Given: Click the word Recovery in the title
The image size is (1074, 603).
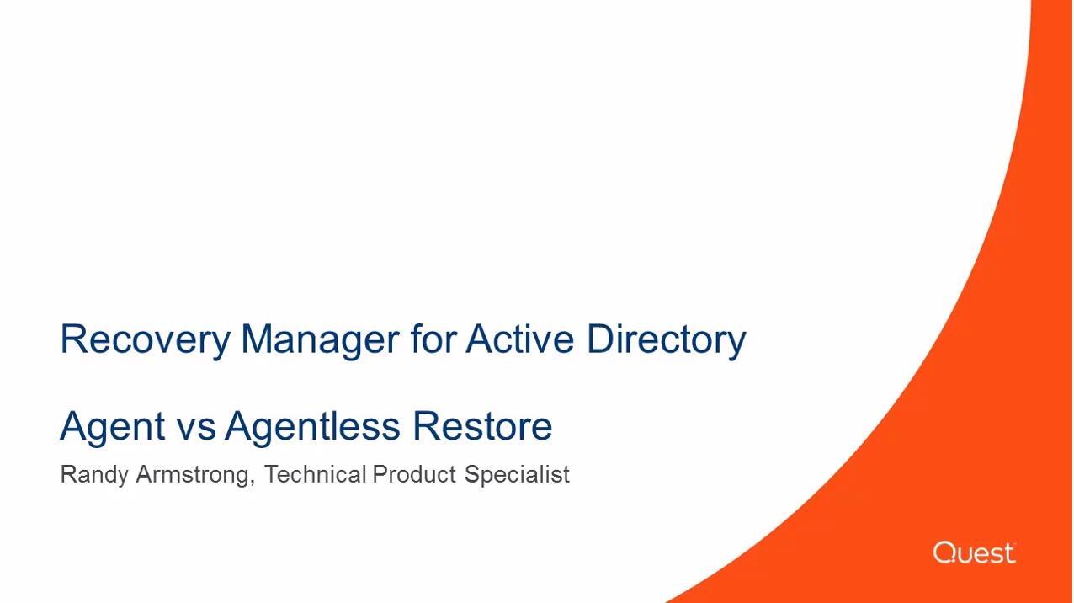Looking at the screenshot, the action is [x=146, y=340].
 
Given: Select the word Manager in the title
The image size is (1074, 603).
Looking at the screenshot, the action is [x=320, y=340].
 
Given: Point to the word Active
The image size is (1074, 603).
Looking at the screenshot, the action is [x=519, y=339].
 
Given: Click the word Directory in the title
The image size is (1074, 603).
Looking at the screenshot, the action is [x=667, y=340].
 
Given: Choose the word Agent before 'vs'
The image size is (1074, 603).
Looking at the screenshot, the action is [x=113, y=427].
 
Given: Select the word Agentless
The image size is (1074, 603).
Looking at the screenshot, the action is [x=312, y=427].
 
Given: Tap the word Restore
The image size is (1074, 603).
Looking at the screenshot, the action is [x=482, y=425].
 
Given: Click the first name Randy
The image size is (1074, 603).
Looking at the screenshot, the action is [x=94, y=475].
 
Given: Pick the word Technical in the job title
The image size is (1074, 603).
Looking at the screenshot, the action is [x=316, y=474].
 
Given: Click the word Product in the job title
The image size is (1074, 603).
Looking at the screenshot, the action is [x=414, y=474].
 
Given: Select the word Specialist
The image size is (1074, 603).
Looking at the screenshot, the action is [x=517, y=475].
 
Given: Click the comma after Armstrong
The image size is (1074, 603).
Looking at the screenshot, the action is [x=253, y=483].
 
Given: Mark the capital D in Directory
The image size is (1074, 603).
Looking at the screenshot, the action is [x=602, y=339].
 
